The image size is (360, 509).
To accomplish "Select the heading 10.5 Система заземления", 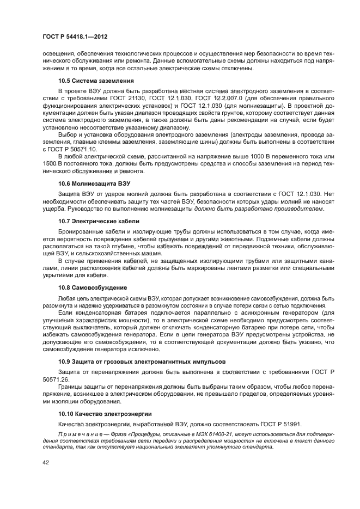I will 96,81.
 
